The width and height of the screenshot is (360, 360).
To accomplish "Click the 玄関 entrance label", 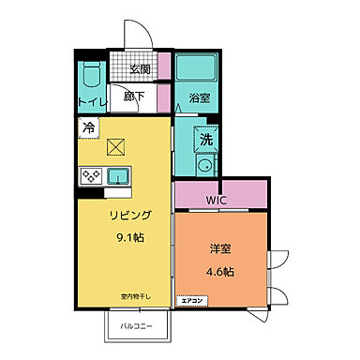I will (140, 68).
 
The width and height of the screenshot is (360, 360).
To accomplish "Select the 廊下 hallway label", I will (133, 96).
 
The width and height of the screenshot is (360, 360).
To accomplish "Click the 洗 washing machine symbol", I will (204, 141).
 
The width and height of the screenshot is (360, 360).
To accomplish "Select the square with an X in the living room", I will (117, 146).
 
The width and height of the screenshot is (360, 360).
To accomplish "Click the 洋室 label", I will (220, 250).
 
